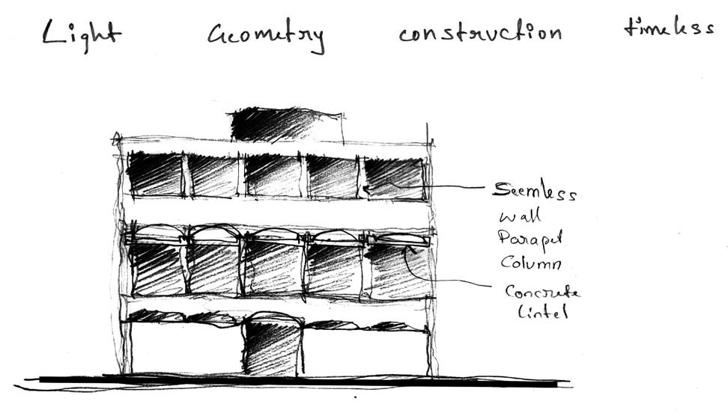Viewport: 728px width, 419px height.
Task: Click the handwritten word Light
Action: (81, 33)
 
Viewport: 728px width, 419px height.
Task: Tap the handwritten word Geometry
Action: (266, 36)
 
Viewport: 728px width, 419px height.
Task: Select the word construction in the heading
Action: (479, 33)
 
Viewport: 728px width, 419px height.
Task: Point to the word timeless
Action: (668, 28)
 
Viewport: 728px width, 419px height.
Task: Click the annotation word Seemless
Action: (533, 192)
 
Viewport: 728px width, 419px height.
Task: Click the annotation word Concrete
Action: (542, 292)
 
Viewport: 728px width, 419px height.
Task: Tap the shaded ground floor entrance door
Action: (273, 346)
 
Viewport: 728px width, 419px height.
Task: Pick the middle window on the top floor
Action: (274, 175)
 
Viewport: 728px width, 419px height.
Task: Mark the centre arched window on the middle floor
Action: (274, 263)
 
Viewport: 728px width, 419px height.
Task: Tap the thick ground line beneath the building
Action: (300, 381)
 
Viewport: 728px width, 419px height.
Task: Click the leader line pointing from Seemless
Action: (457, 186)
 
